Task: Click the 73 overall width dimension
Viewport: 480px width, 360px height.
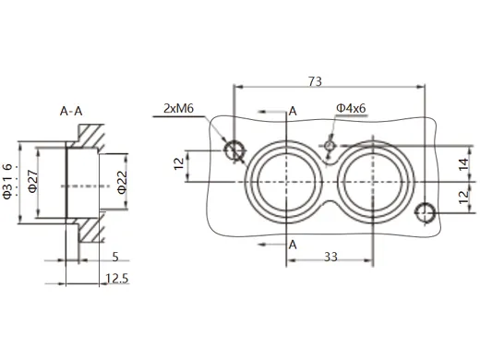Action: point(314,82)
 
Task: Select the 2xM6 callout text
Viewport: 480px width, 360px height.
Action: point(178,108)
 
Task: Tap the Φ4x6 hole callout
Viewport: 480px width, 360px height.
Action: point(353,109)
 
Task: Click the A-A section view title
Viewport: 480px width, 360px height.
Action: point(71,112)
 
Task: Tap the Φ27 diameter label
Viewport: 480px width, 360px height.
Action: point(32,182)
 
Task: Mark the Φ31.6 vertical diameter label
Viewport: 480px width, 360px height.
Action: point(8,180)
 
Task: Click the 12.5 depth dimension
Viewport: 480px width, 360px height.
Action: point(116,278)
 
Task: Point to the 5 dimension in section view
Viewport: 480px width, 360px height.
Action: point(114,257)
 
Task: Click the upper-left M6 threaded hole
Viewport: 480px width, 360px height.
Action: point(234,150)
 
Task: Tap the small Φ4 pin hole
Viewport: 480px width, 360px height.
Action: point(329,144)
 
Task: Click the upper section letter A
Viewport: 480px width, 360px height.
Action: point(292,112)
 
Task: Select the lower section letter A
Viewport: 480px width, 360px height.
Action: point(292,245)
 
